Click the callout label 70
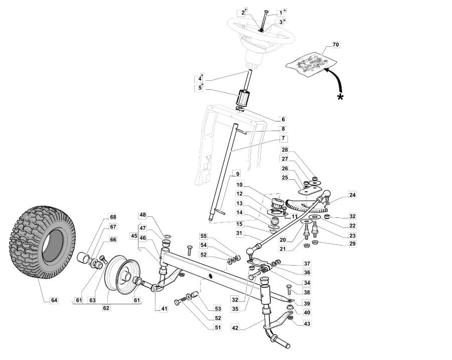click(x=336, y=45)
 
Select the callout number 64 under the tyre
click(x=54, y=300)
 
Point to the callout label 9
click(x=237, y=174)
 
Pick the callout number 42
click(x=235, y=328)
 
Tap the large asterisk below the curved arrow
click(x=341, y=97)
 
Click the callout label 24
click(x=352, y=195)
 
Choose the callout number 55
click(x=204, y=236)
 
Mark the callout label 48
click(x=142, y=215)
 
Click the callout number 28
click(x=285, y=150)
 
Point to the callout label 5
click(x=200, y=88)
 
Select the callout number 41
click(x=164, y=309)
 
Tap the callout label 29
click(x=352, y=244)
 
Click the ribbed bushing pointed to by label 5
click(x=243, y=98)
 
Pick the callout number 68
click(x=113, y=217)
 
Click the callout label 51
click(x=218, y=327)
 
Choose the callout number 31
click(x=239, y=233)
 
